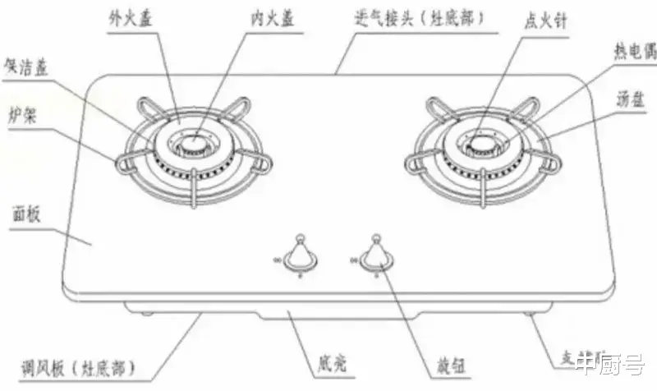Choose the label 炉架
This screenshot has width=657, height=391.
pyautogui.click(x=21, y=113)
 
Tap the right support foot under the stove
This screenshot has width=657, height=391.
pyautogui.click(x=526, y=314)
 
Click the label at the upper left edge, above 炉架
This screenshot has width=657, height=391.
pyautogui.click(x=25, y=66)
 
